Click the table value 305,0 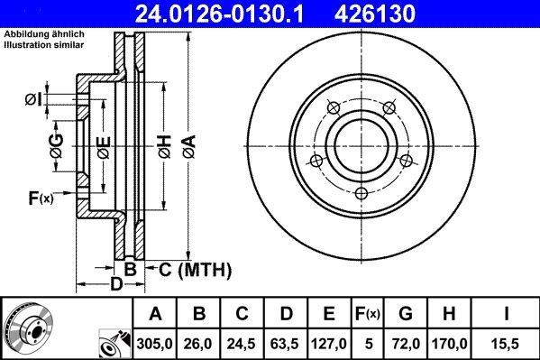tap(155, 343)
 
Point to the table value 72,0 tap(406, 343)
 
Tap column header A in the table tap(155, 314)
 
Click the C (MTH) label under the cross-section tap(197, 269)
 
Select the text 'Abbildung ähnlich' tap(44, 34)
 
